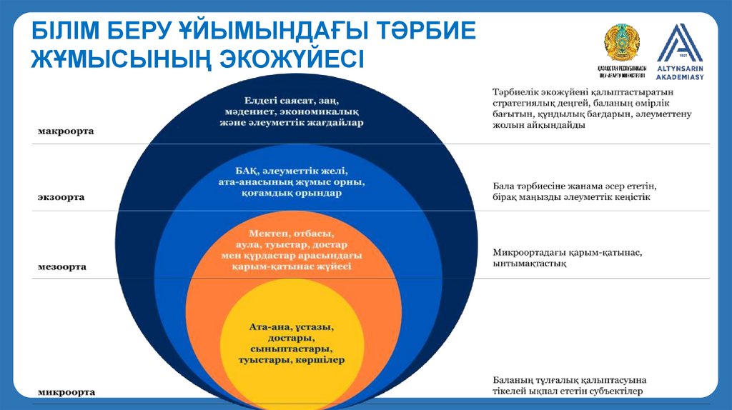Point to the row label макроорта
[66, 131]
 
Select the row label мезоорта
[62, 266]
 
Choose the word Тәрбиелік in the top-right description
[516, 92]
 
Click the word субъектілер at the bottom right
[614, 391]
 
